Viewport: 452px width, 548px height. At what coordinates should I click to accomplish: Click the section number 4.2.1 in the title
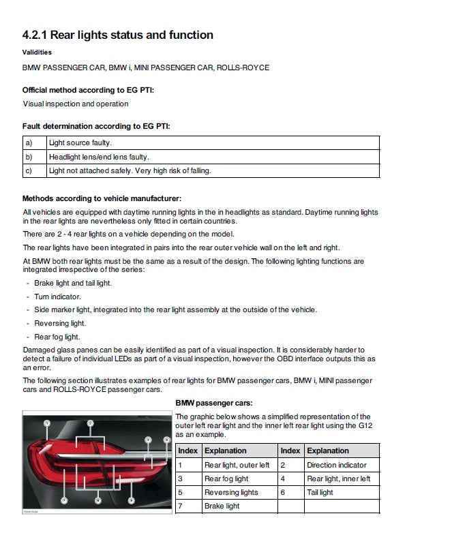click(x=35, y=35)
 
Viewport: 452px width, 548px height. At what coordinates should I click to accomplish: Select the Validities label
click(x=37, y=52)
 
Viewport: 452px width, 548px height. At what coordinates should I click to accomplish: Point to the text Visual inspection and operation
click(x=76, y=104)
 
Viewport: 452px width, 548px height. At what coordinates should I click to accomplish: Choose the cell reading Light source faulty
click(x=80, y=143)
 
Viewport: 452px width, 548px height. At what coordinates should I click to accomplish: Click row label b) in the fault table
click(x=29, y=157)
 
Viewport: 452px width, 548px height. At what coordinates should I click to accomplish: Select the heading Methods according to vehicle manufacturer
click(x=102, y=198)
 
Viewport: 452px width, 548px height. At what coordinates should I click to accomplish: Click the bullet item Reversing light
click(x=60, y=323)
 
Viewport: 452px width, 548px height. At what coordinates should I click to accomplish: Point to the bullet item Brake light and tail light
click(x=73, y=283)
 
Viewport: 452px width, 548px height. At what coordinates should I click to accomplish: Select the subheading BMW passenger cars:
click(x=214, y=403)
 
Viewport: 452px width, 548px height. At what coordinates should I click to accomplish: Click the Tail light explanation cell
click(x=320, y=492)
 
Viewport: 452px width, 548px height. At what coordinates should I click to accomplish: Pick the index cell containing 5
click(x=181, y=492)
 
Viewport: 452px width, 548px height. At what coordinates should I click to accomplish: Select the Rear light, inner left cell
click(x=338, y=478)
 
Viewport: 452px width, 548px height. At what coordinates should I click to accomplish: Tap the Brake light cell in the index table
click(x=222, y=506)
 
